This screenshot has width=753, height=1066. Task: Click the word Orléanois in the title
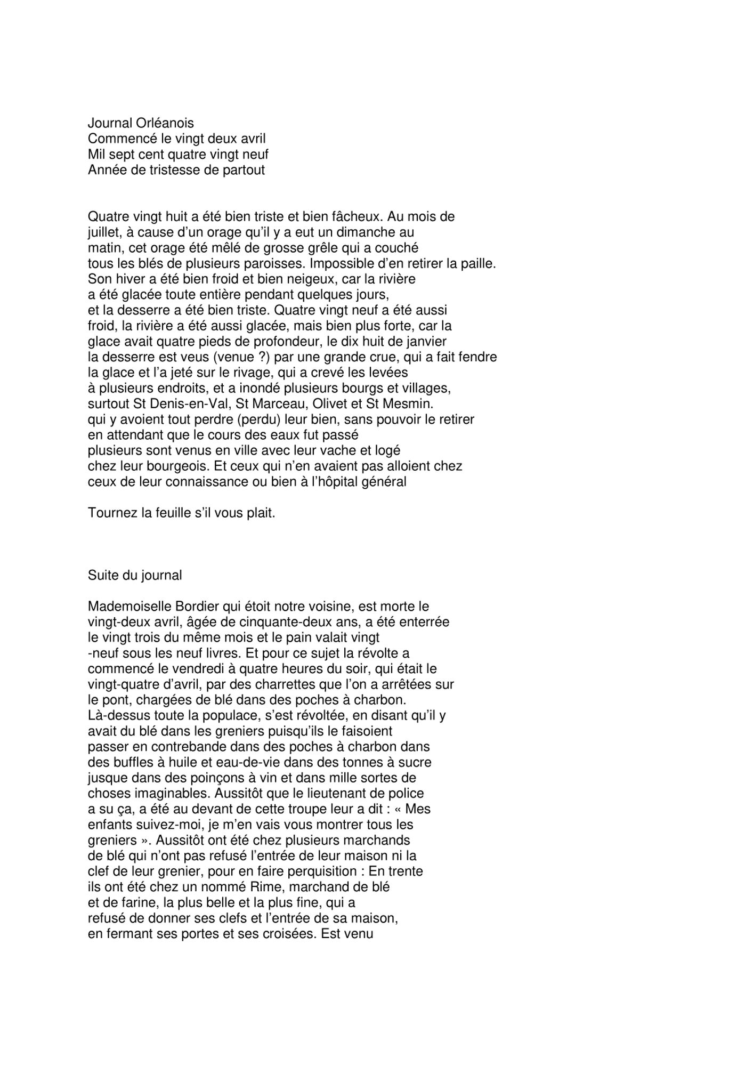[165, 124]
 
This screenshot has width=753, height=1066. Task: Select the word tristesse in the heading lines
[161, 171]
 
